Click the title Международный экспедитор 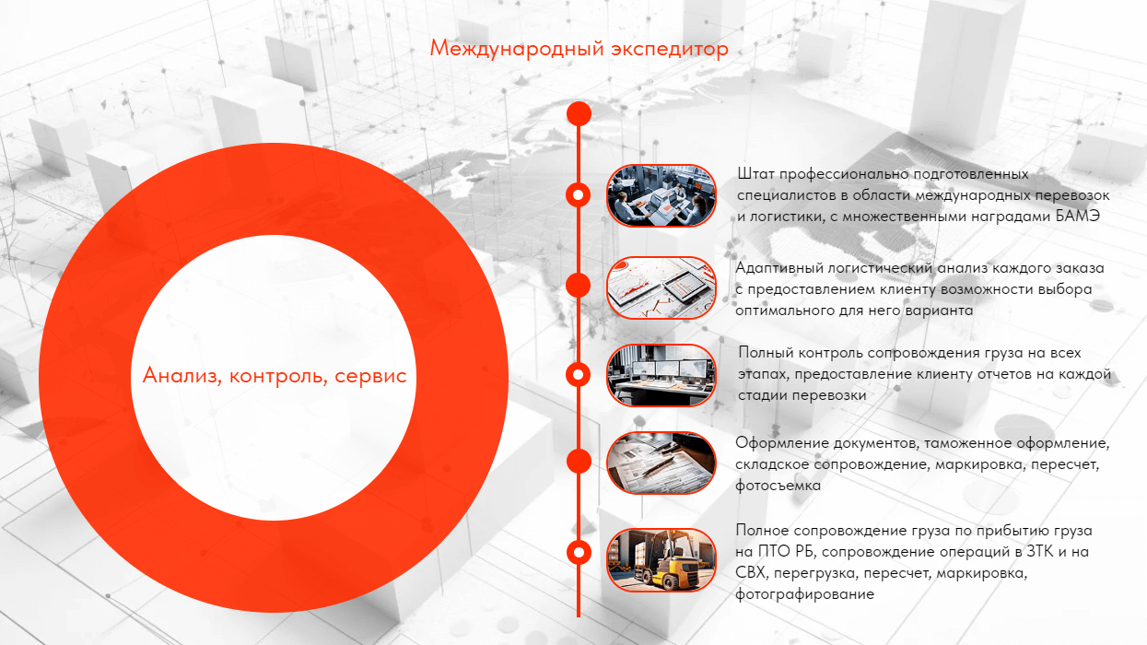pos(579,49)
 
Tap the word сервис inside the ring pos(370,377)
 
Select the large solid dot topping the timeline pos(579,113)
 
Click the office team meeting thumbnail pos(661,195)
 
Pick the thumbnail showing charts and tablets pos(661,287)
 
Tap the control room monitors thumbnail pos(661,376)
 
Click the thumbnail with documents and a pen pos(661,463)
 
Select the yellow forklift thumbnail pos(661,560)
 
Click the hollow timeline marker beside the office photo pos(579,195)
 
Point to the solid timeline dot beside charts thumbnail pos(579,286)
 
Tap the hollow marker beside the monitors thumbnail pos(579,374)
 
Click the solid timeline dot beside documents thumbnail pos(579,461)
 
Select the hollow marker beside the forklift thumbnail pos(579,553)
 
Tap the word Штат pos(756,174)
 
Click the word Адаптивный pos(779,268)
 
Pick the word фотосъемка pos(778,486)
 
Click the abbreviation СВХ pos(751,573)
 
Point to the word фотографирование pos(804,595)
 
